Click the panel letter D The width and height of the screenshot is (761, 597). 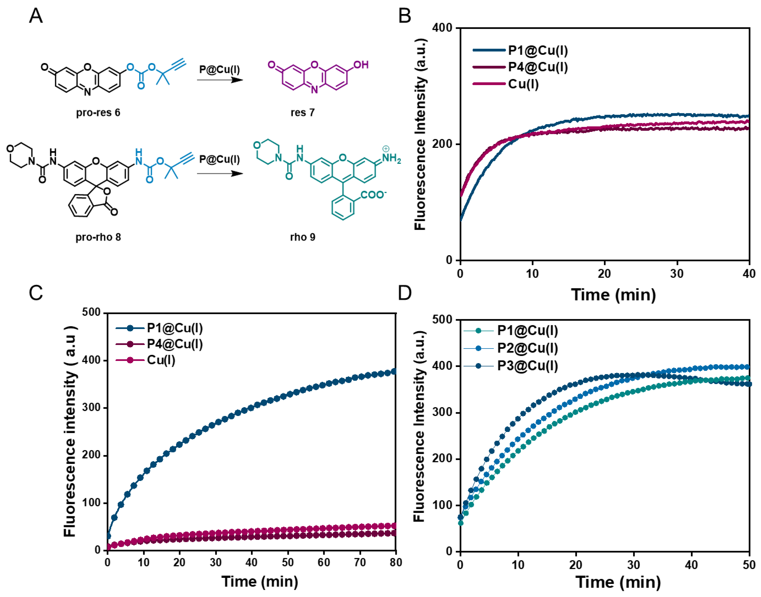(405, 293)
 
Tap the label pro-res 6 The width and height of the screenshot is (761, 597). (98, 112)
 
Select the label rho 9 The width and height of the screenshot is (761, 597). (302, 237)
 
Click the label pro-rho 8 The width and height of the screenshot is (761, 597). (98, 237)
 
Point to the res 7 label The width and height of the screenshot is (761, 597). (302, 112)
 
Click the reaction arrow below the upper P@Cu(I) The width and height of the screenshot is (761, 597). (220, 80)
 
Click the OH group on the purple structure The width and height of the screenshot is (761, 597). (361, 65)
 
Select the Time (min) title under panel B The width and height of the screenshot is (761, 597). (613, 295)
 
